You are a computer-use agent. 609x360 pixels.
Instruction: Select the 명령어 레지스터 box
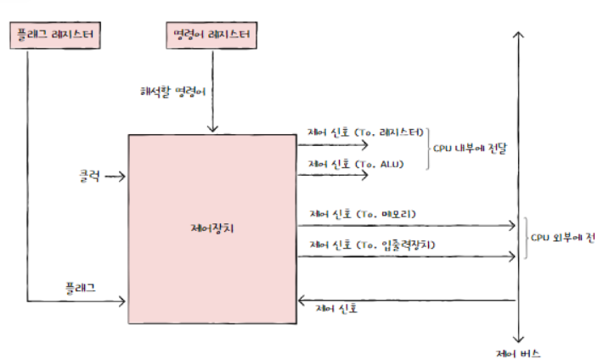click(x=211, y=35)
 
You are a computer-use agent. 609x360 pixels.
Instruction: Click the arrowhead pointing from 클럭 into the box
click(x=124, y=177)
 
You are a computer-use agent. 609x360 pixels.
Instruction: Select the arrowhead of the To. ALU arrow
click(x=366, y=176)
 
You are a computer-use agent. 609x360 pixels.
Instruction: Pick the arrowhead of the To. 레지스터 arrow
click(x=366, y=145)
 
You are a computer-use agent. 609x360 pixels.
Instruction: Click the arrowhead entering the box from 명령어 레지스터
click(x=211, y=128)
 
